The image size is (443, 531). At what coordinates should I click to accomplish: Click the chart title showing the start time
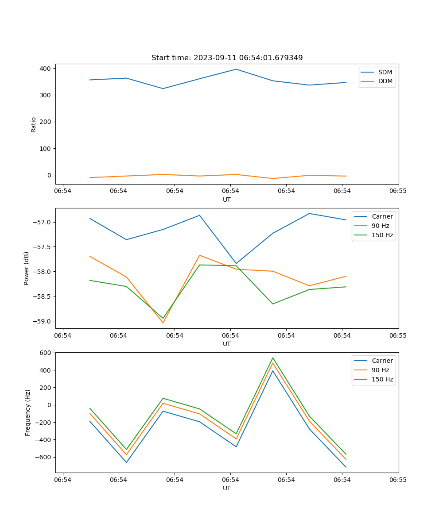coord(227,58)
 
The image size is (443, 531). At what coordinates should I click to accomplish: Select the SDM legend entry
coord(385,72)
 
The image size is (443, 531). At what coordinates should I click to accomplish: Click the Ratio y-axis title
coord(34,124)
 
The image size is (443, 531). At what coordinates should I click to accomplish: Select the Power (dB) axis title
coord(27,268)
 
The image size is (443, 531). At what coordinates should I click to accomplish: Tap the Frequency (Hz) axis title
coord(28,412)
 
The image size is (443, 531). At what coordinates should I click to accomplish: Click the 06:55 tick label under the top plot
coord(398,191)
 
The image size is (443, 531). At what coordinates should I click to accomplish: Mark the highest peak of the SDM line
coord(236,69)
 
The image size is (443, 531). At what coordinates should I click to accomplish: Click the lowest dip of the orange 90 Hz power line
coord(163,323)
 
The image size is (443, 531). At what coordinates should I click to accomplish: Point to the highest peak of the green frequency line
coord(272,358)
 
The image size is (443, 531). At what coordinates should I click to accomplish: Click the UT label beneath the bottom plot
coord(227,488)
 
